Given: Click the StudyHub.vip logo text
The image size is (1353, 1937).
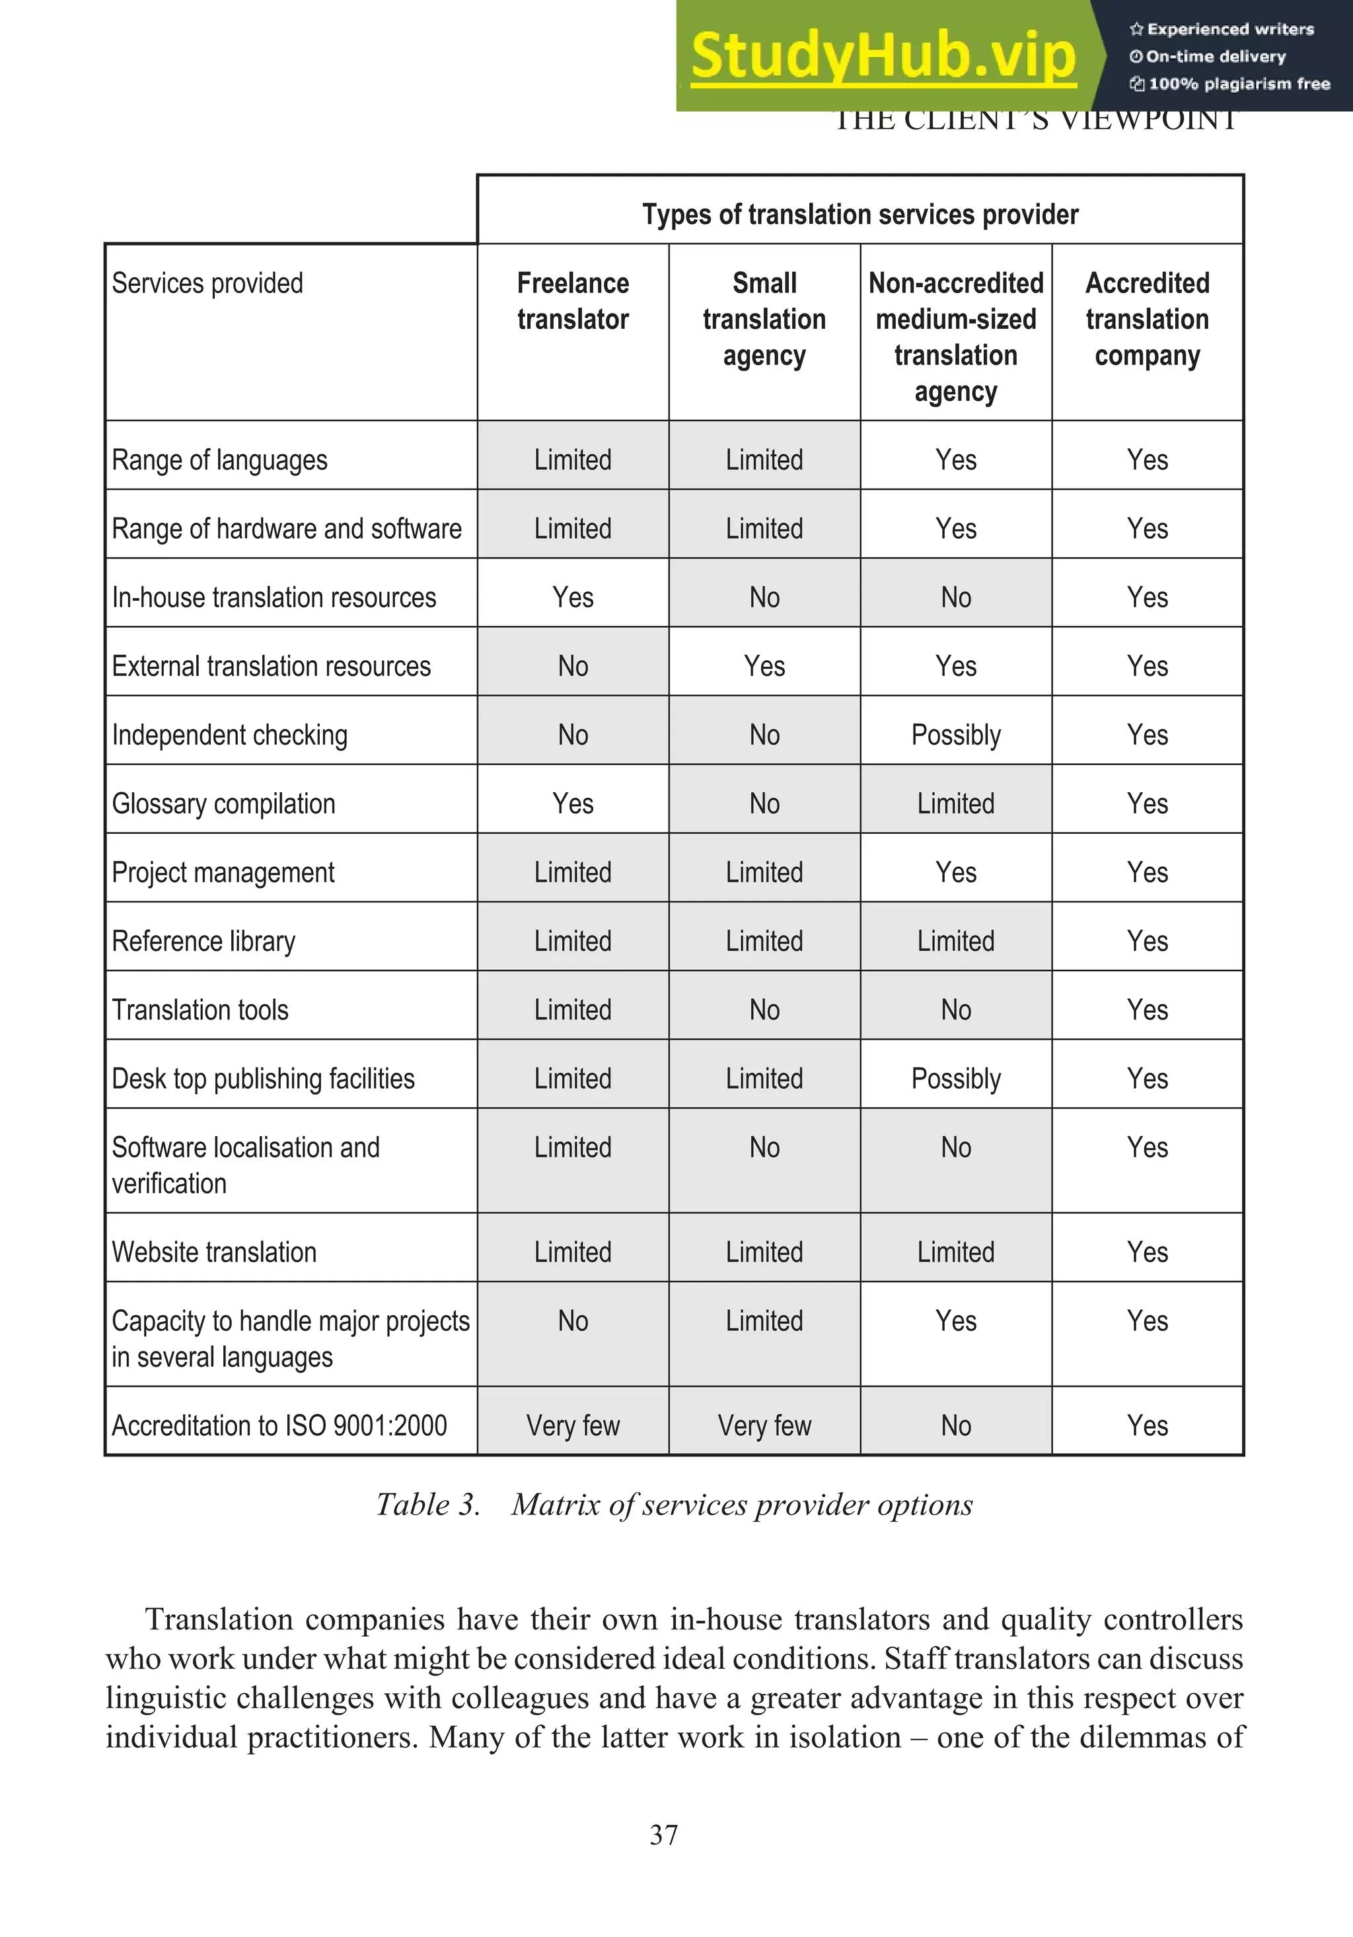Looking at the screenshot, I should coord(883,55).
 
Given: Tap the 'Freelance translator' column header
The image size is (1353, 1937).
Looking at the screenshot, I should coord(572,301).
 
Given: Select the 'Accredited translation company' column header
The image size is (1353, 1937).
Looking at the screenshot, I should coord(1147,319).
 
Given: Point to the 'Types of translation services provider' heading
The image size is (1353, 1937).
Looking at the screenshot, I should coord(859,215).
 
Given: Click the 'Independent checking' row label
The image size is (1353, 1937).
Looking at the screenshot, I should coord(230,735).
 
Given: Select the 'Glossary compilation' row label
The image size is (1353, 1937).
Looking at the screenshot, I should coord(224,803).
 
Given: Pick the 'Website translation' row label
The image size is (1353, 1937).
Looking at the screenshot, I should coord(215,1252).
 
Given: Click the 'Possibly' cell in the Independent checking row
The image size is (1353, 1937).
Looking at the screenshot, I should coord(955,735).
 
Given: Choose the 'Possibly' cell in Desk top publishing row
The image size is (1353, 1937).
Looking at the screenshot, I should coord(955,1078).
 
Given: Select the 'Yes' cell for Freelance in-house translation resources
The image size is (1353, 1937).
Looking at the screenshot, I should coord(572,597).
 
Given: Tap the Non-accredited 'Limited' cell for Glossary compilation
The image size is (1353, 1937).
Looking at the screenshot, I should coord(955,803).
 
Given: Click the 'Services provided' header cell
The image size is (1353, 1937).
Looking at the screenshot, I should coord(207,283).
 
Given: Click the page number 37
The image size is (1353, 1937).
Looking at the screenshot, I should coord(663,1834).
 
